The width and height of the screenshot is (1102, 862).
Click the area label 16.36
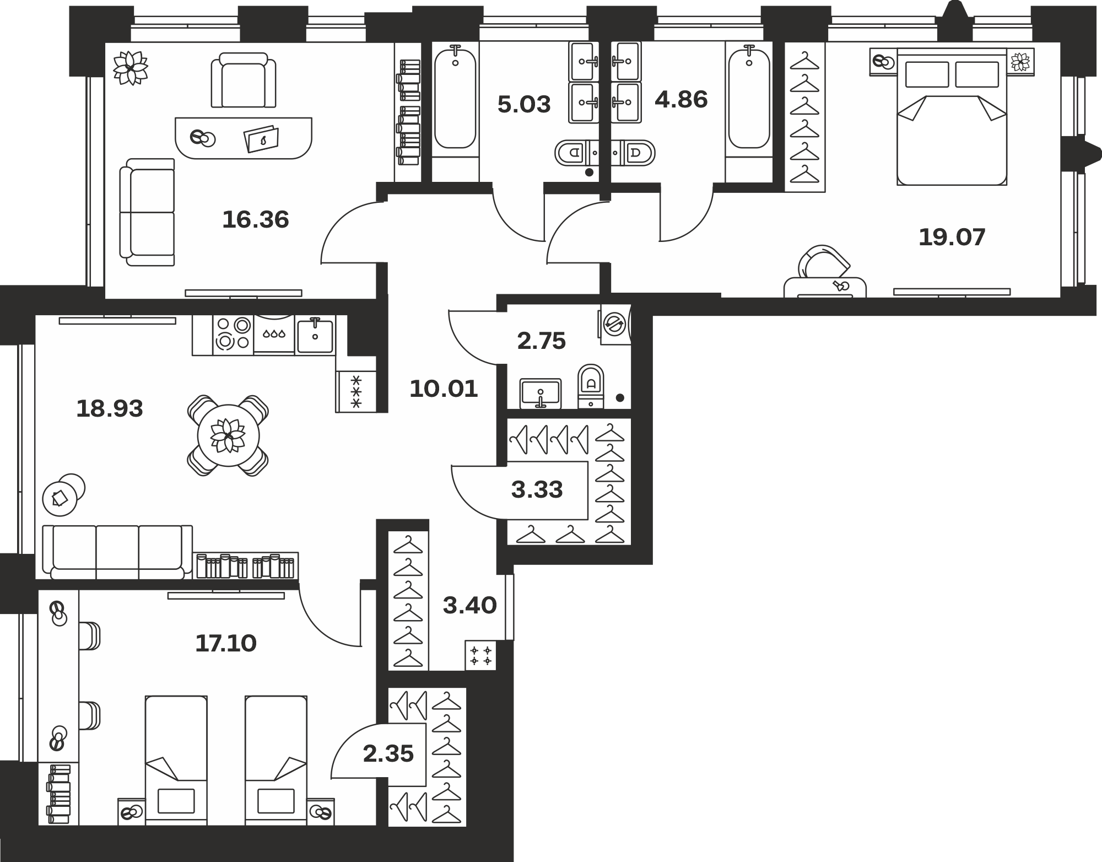(x=256, y=220)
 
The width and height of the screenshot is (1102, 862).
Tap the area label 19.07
(x=952, y=238)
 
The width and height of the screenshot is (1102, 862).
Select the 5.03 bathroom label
(x=524, y=105)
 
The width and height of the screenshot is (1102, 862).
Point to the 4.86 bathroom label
(x=681, y=100)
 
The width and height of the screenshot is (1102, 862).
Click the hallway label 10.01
(x=444, y=389)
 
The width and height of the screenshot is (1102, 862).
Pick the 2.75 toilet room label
(x=542, y=341)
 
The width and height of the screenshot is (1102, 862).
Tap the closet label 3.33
(x=537, y=489)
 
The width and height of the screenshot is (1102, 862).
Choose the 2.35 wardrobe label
(x=388, y=753)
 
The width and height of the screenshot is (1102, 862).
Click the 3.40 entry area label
(x=470, y=606)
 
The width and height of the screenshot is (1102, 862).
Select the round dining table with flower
(x=228, y=436)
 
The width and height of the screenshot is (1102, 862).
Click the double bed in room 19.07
(x=952, y=116)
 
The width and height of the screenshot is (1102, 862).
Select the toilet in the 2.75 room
(x=591, y=385)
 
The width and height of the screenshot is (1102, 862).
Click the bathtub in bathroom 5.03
(x=455, y=99)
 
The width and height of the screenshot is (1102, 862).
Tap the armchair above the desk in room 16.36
(x=244, y=80)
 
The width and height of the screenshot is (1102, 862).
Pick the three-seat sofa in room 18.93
(x=117, y=552)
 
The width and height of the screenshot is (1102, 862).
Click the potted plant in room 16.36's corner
(x=131, y=68)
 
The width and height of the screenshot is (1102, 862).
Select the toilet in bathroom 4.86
(x=639, y=153)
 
